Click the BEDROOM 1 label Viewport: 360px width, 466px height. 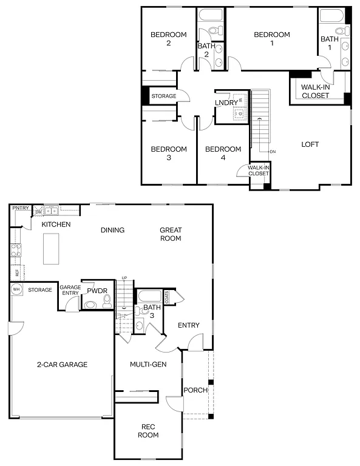click(x=271, y=39)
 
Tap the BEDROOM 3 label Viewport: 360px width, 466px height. click(x=168, y=153)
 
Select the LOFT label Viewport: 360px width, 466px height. click(x=310, y=144)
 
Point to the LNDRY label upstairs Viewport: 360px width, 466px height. click(x=226, y=103)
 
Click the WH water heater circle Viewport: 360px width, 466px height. click(x=16, y=290)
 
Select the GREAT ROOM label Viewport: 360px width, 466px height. click(x=171, y=234)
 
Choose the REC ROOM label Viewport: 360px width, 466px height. click(x=148, y=431)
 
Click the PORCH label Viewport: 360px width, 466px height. click(x=195, y=390)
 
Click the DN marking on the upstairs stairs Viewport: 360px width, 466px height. click(x=273, y=152)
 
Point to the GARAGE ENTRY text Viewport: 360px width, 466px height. click(x=70, y=291)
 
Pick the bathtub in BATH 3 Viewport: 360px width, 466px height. click(x=149, y=297)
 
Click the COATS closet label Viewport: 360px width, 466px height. click(x=167, y=296)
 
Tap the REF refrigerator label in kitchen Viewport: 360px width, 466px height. click(x=17, y=273)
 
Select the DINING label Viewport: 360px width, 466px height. click(x=112, y=230)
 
